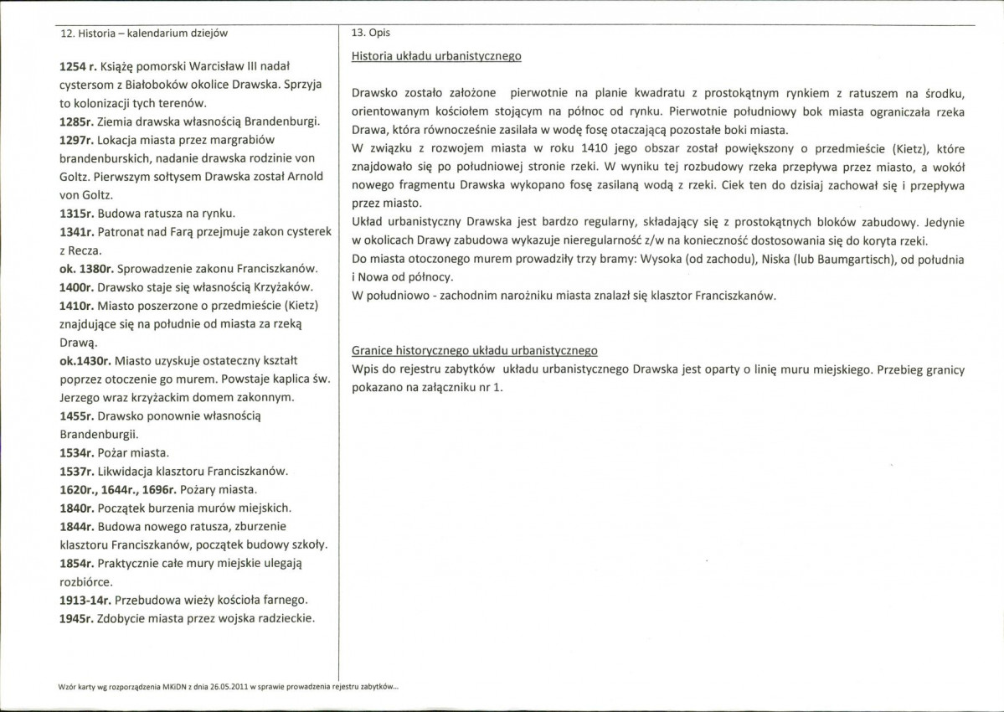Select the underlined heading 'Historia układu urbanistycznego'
click(436, 57)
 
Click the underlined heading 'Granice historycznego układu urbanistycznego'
click(475, 350)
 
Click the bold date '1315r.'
click(77, 213)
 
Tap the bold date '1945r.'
click(77, 619)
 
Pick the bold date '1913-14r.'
click(85, 601)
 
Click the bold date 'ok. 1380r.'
click(86, 269)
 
